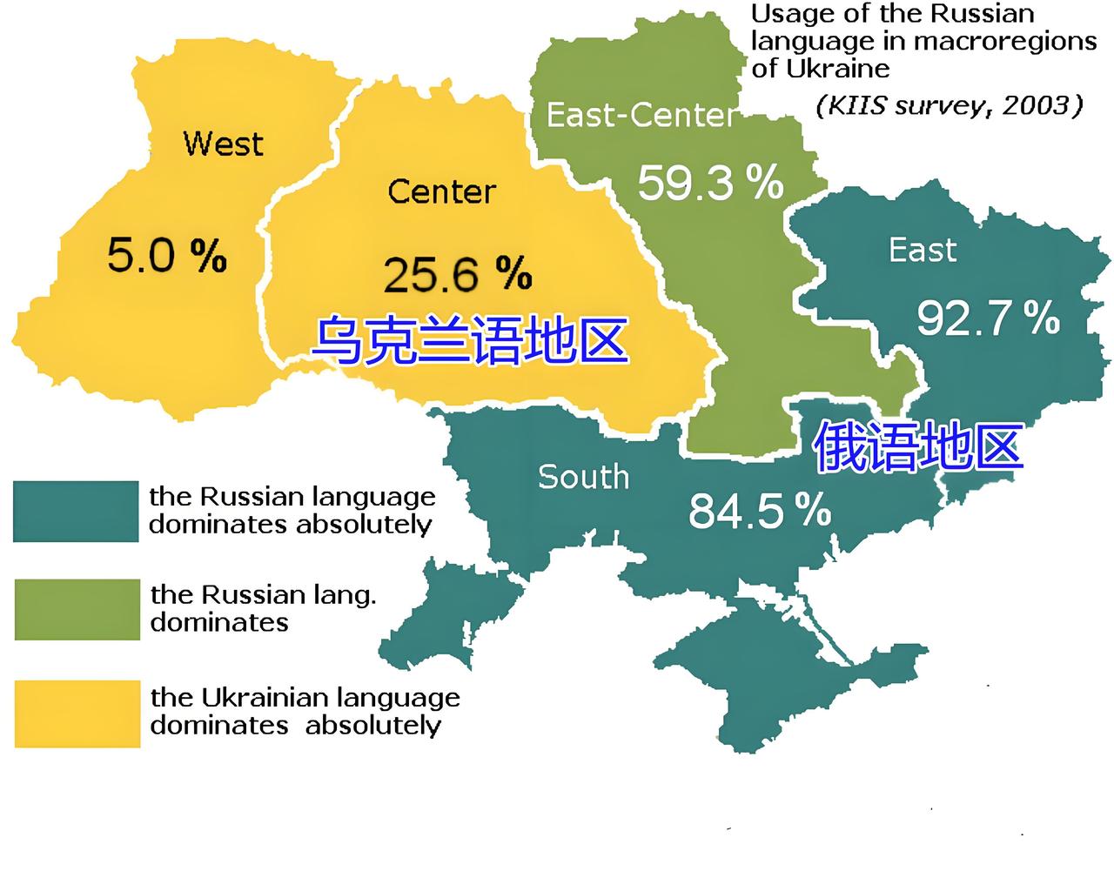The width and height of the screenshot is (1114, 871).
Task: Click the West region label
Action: [223, 143]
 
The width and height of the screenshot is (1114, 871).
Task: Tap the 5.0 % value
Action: [167, 256]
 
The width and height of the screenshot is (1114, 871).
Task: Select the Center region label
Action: [441, 191]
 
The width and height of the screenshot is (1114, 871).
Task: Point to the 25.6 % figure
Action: [457, 274]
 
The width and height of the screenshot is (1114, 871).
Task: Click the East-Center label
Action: [641, 115]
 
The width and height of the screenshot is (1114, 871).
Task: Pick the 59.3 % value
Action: [710, 183]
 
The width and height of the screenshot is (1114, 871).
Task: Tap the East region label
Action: [922, 251]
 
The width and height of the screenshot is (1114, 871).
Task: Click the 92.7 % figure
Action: [988, 318]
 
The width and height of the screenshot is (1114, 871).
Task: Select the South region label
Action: [583, 477]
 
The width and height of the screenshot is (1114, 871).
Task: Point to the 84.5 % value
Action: [759, 511]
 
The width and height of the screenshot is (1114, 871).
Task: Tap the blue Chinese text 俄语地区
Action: [917, 446]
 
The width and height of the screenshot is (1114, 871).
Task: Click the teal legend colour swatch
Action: [76, 512]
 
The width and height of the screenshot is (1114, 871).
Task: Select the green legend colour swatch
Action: [77, 609]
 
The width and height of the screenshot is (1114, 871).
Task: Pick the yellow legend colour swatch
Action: [77, 714]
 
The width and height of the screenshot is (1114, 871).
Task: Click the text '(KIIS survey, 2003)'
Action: [949, 105]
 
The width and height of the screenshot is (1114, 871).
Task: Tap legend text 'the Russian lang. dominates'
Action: [263, 608]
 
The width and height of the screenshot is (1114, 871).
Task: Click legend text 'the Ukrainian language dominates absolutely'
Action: [305, 711]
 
